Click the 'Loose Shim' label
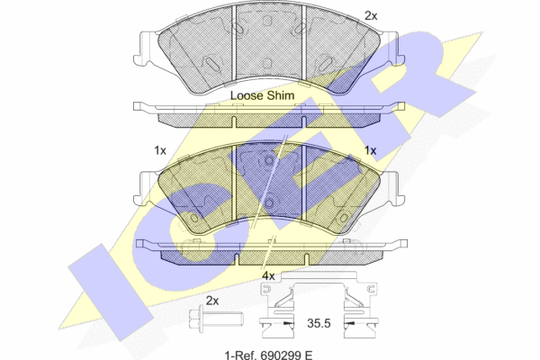262,95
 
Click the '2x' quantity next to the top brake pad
371,16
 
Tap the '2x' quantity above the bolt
212,301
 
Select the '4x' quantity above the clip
268,276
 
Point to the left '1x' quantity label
160,150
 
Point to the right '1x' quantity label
370,150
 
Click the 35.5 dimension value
319,323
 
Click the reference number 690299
281,355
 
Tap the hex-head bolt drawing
216,319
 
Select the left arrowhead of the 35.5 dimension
289,323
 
